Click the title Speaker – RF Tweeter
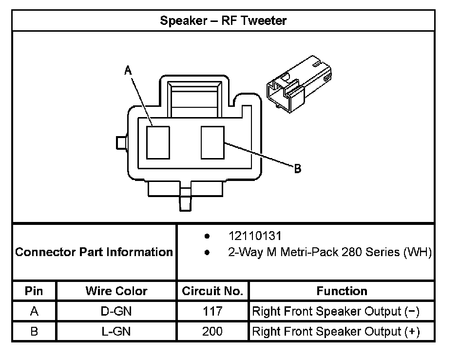coord(223,20)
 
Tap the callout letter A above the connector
coord(128,71)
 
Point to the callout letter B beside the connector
coord(297,169)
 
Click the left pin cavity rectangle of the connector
coord(158,142)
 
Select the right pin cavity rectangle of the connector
coord(212,142)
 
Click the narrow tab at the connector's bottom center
coord(186,200)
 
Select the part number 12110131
coord(255,236)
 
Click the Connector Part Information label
coord(94,252)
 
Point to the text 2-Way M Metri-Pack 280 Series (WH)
coord(330,253)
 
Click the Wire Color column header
coord(116,291)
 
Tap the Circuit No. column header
coord(212,291)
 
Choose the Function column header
coord(342,291)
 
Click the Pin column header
coord(34,291)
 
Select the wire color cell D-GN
coord(116,311)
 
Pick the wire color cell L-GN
coord(116,332)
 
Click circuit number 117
coord(212,311)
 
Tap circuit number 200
coord(212,332)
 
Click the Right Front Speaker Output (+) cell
coord(335,332)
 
